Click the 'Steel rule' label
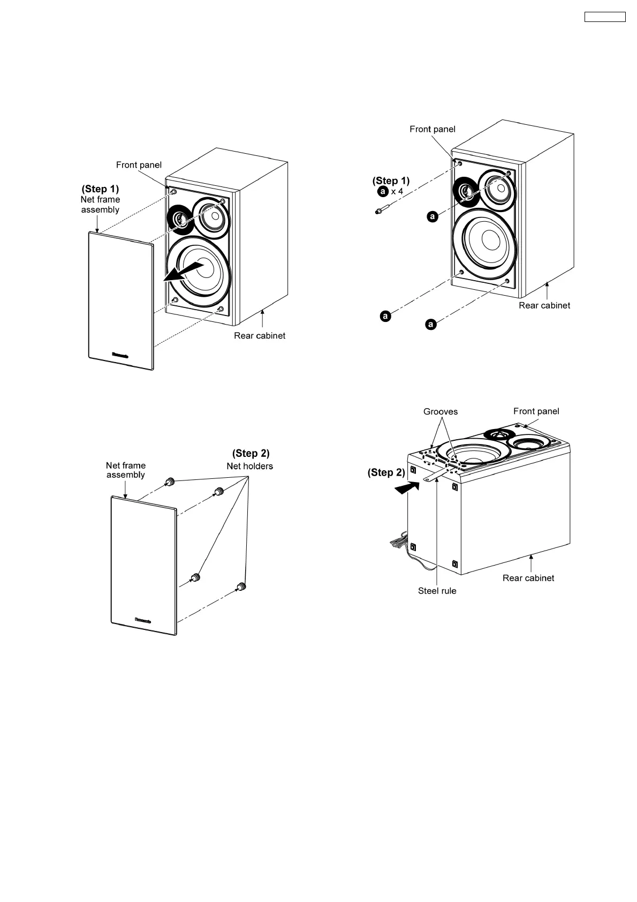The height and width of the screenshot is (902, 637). click(437, 591)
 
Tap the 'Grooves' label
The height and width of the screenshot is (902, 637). click(440, 411)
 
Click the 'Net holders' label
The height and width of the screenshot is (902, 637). click(249, 466)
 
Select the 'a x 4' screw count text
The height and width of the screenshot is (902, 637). click(391, 191)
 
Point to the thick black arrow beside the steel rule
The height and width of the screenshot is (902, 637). click(406, 486)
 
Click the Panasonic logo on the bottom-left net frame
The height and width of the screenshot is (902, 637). click(143, 621)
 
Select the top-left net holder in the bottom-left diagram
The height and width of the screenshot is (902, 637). click(171, 482)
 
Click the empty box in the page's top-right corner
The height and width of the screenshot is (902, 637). click(604, 17)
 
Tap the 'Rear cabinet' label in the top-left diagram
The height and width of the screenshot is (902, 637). click(260, 336)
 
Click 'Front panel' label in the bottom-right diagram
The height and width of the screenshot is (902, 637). click(536, 411)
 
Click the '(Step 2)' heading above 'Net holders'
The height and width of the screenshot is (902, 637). click(251, 454)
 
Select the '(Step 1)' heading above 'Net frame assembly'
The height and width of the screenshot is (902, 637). click(100, 189)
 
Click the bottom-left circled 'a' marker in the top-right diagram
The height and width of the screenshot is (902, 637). click(384, 316)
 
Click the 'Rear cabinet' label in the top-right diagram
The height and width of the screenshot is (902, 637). click(544, 305)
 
